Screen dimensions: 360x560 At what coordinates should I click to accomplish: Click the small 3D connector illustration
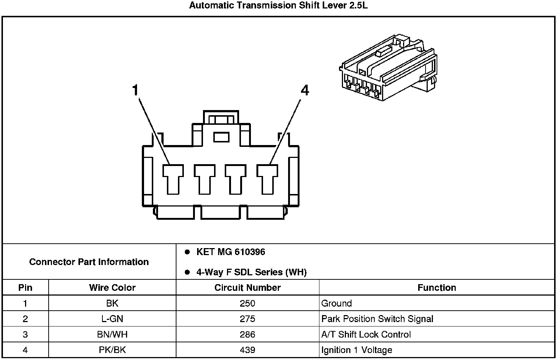(x=388, y=68)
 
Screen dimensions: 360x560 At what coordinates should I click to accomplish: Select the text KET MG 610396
(x=231, y=252)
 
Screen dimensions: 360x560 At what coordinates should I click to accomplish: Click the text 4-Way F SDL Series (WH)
(x=251, y=272)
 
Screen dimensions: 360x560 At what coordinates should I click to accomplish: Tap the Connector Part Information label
(x=89, y=262)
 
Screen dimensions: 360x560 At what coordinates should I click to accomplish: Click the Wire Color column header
(x=112, y=287)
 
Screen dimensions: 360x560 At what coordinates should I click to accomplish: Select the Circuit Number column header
(x=248, y=287)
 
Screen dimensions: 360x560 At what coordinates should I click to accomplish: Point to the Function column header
(x=437, y=287)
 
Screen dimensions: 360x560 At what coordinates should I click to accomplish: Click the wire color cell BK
(x=112, y=303)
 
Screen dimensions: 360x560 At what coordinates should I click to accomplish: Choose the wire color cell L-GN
(x=112, y=319)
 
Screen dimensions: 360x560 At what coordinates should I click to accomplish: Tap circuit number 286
(x=247, y=335)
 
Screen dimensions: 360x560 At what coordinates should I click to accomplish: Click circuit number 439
(x=247, y=350)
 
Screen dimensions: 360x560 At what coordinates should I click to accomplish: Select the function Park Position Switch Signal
(x=377, y=319)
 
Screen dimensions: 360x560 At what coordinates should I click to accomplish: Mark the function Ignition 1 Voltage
(x=357, y=350)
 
